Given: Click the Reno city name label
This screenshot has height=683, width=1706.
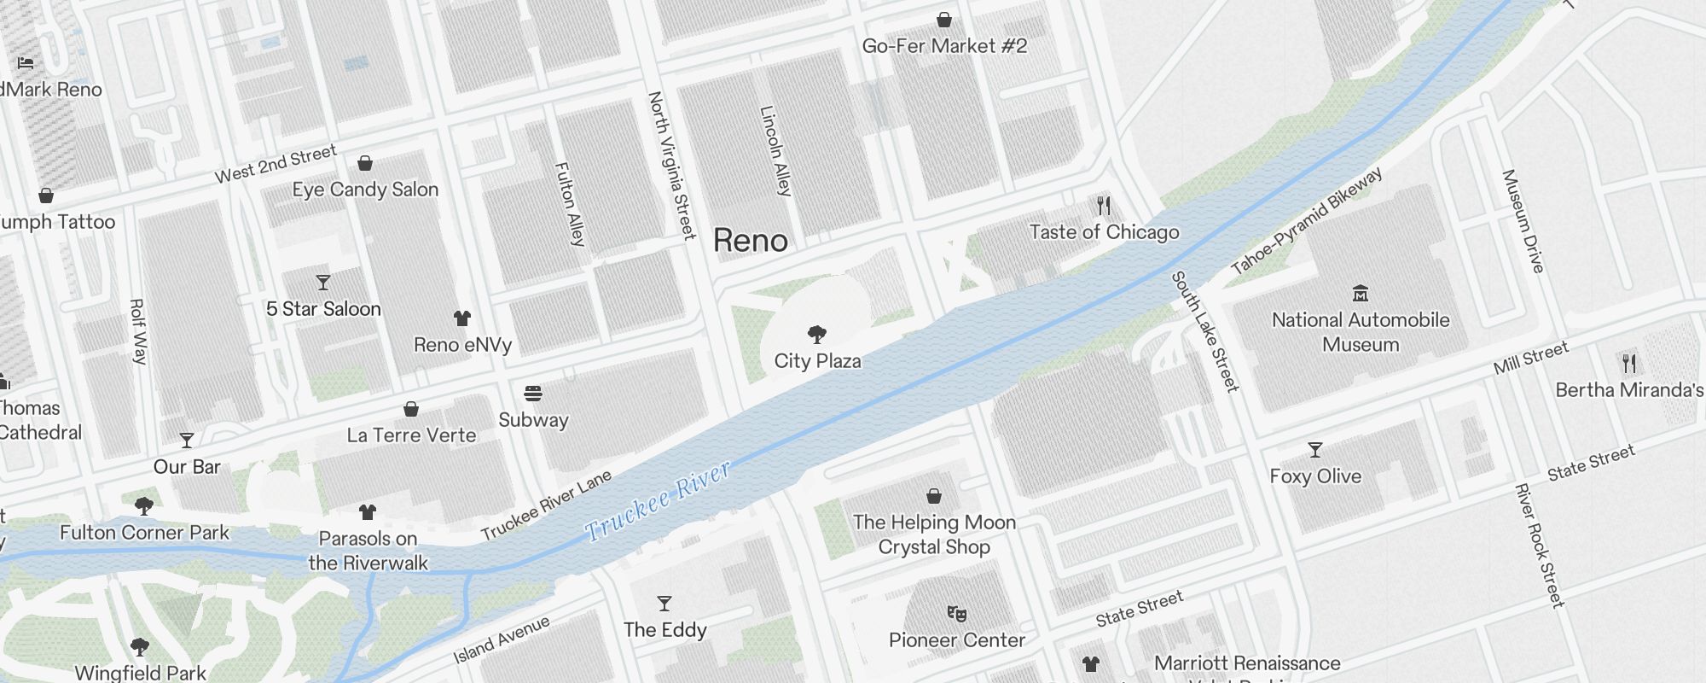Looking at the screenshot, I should pos(750,241).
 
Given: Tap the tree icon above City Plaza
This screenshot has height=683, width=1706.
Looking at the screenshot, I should pos(817,334).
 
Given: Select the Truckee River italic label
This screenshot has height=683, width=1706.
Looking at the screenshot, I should pos(658,500).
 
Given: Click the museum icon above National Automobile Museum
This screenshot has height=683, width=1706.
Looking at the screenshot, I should pos(1361,294).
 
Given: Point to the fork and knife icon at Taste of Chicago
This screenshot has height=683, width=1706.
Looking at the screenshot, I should pos(1104,206).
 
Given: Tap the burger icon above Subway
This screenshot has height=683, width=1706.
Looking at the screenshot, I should pos(533,394).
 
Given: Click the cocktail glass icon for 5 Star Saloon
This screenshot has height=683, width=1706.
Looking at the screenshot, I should pos(322,283).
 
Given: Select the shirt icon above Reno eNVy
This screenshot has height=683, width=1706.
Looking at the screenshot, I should pos(461,318).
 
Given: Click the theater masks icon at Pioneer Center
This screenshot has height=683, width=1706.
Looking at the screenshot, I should pos(956,613).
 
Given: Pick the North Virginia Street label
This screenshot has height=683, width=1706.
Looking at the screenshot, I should pos(671,166).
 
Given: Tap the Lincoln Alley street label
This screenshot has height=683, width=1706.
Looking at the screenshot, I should pos(775,151).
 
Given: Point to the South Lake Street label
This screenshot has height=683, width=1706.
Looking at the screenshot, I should pos(1204,331).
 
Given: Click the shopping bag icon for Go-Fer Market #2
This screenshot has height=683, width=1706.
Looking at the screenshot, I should pos(944,20).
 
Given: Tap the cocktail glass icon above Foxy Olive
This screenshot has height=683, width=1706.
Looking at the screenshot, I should pos(1315,450).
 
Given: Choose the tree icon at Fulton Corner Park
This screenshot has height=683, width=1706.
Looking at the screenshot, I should pos(144,506).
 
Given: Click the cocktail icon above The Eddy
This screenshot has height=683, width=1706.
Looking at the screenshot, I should pos(664,604).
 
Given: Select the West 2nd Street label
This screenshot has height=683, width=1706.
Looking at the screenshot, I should pos(276,164).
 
